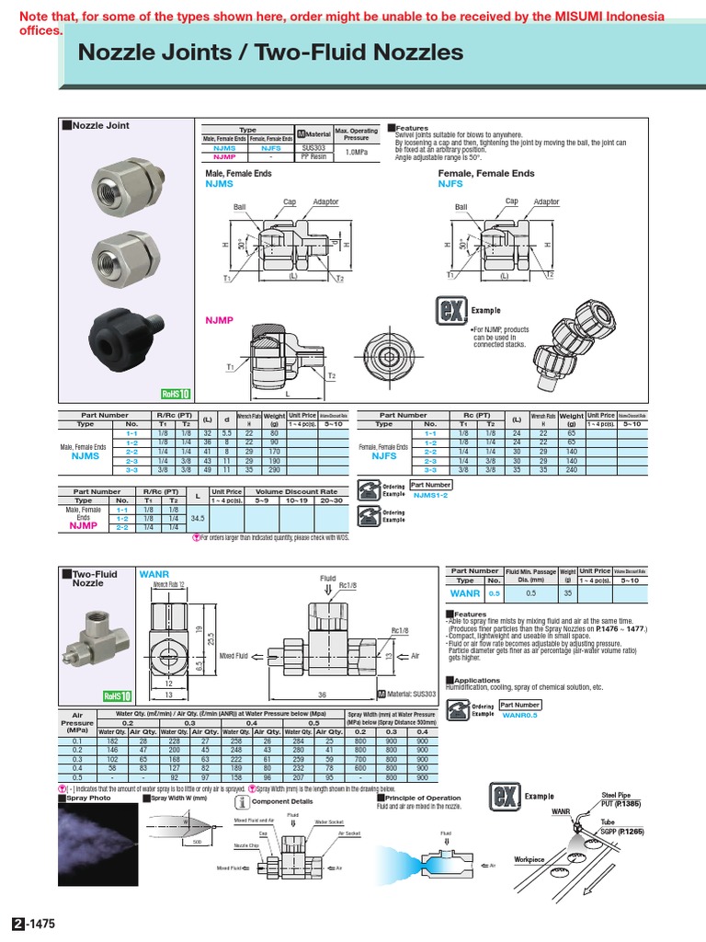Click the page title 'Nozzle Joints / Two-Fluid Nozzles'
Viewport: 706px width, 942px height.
270,53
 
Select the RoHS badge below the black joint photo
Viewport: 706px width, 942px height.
175,393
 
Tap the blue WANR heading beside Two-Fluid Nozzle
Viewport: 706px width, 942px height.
154,574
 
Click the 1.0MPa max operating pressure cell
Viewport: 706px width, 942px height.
356,152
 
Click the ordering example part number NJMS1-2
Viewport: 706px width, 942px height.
430,495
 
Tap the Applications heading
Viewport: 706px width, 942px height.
476,681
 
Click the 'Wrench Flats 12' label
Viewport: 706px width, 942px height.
168,585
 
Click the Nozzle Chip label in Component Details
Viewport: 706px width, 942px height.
245,844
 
